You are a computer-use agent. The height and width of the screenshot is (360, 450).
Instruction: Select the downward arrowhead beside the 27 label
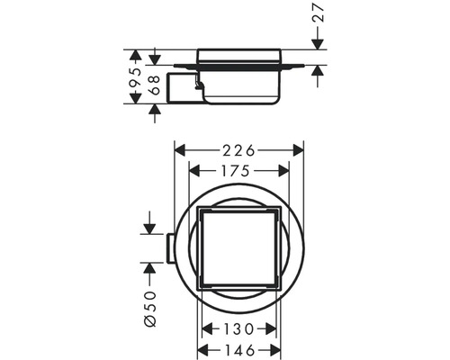point(317,46)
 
